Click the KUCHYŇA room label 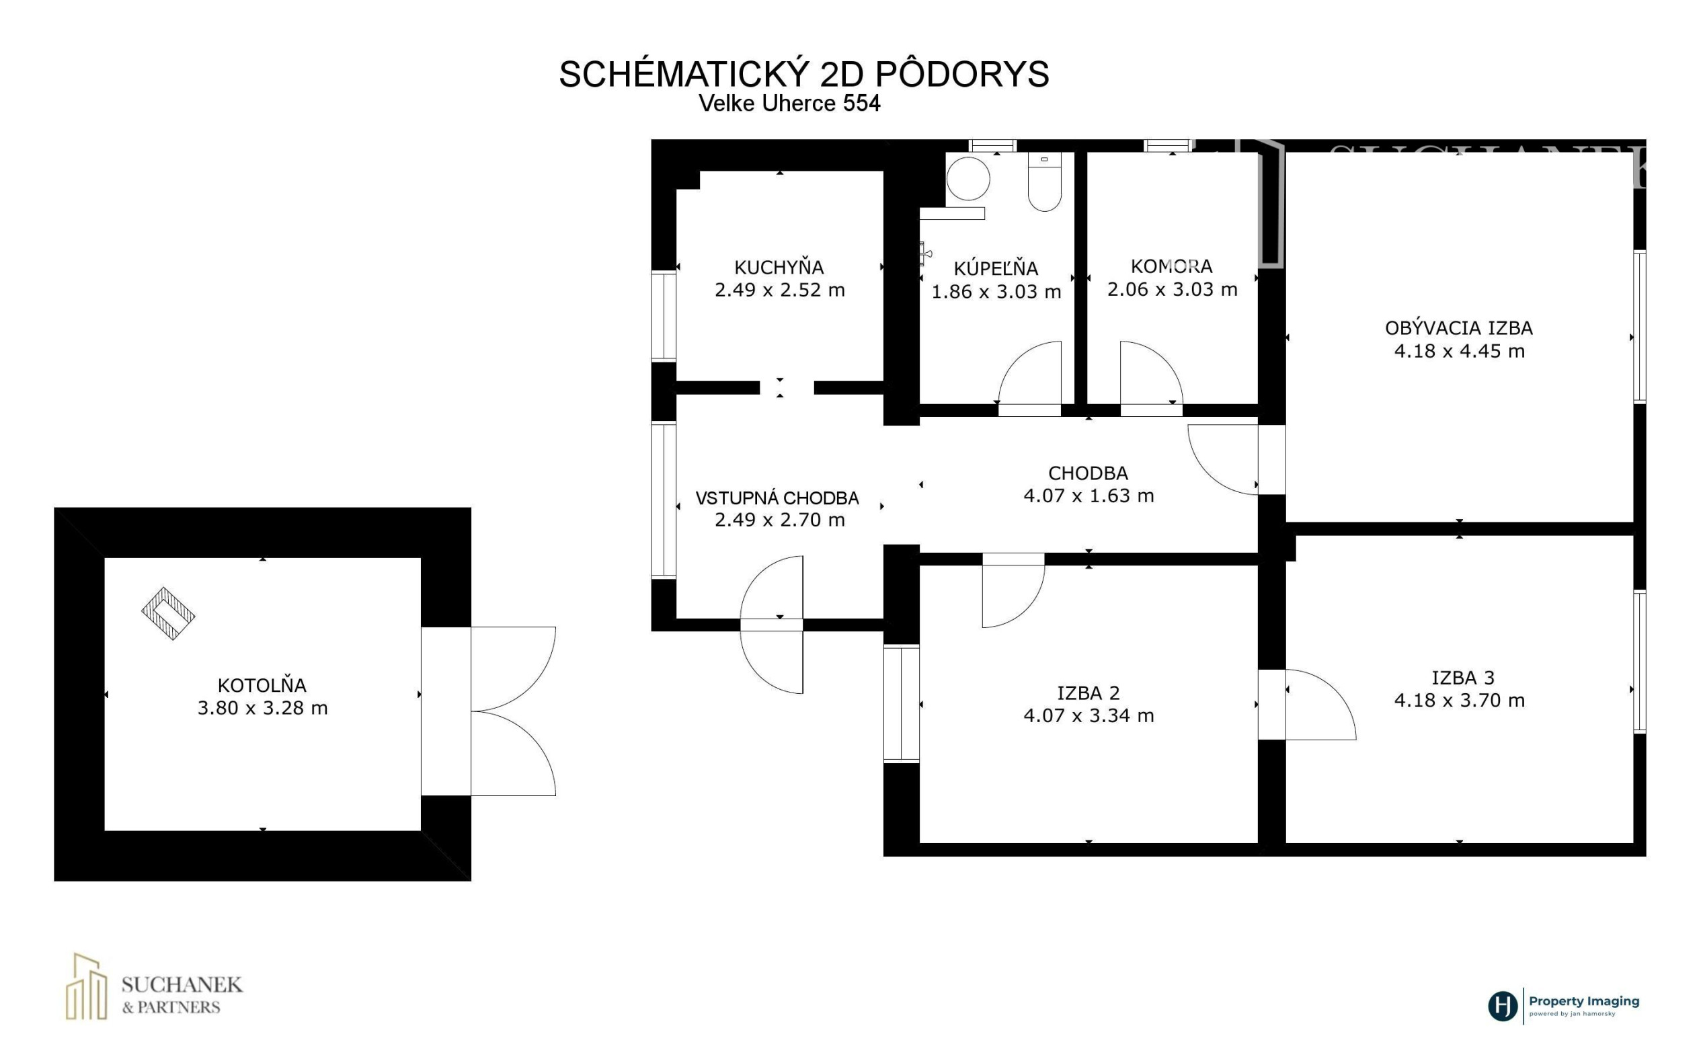pyautogui.click(x=779, y=266)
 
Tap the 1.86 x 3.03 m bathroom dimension pyautogui.click(x=996, y=291)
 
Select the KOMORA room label pyautogui.click(x=1172, y=266)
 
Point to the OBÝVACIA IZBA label pyautogui.click(x=1458, y=327)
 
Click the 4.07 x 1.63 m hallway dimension pyautogui.click(x=1088, y=496)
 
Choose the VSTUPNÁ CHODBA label pyautogui.click(x=777, y=498)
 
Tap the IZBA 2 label pyautogui.click(x=1088, y=693)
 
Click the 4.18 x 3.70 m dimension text pyautogui.click(x=1459, y=700)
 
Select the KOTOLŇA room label pyautogui.click(x=262, y=684)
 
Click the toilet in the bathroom pyautogui.click(x=1045, y=182)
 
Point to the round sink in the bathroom pyautogui.click(x=968, y=178)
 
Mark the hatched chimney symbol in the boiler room pyautogui.click(x=168, y=614)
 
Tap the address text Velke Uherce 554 pyautogui.click(x=789, y=104)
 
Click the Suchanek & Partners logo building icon pyautogui.click(x=87, y=986)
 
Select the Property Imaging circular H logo pyautogui.click(x=1502, y=1006)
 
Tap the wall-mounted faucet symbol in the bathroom pyautogui.click(x=926, y=253)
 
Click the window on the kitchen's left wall pyautogui.click(x=664, y=317)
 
